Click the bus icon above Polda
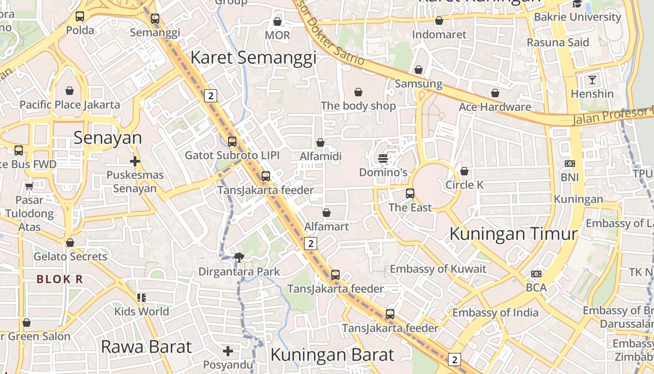(80, 16)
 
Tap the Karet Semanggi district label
(253, 58)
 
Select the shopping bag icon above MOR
(277, 22)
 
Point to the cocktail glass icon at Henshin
(592, 79)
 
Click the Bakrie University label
(577, 17)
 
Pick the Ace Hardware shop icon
(495, 93)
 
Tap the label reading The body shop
(358, 106)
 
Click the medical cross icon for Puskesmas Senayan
(135, 162)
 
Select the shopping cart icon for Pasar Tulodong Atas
(29, 187)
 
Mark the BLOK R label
(60, 280)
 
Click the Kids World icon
(142, 298)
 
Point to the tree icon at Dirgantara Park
(239, 257)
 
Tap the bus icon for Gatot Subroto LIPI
(232, 141)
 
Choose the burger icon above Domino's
(383, 158)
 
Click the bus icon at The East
(410, 193)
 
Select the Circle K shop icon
(464, 172)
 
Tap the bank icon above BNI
(569, 164)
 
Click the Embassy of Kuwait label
(438, 269)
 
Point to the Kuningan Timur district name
(513, 233)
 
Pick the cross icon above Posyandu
(228, 351)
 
